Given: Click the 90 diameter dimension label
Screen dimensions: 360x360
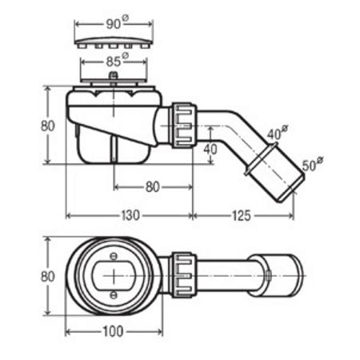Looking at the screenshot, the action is [118, 23].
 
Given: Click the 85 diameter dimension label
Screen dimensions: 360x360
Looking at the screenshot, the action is [118, 61].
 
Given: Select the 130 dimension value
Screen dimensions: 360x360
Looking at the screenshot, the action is [130, 215].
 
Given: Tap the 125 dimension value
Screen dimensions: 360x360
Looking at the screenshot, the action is [242, 215].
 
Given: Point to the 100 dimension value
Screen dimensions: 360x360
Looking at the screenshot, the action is [113, 331].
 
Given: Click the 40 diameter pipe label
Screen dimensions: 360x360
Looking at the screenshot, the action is [278, 133].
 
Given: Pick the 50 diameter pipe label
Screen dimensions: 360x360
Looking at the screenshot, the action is [313, 164].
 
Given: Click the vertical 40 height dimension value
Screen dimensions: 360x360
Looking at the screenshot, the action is [210, 149].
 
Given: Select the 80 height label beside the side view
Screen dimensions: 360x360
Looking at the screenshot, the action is [48, 126].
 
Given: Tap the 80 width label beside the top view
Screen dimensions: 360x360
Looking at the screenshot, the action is [48, 276].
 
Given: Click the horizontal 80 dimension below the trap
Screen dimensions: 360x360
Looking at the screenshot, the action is [153, 187].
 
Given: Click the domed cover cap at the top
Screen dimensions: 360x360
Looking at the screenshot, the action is [114, 42].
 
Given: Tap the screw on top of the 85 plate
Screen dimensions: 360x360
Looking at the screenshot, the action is [114, 75].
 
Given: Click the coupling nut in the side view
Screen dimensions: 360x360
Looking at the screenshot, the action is [184, 125].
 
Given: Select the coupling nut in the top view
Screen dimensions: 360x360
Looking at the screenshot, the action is [184, 274].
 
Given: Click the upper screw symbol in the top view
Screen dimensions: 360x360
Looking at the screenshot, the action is [114, 256].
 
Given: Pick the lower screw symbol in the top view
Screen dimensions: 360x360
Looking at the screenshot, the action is [114, 294].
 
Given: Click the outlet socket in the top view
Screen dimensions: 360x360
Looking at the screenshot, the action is [276, 275].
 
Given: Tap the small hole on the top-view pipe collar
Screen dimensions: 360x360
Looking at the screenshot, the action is [269, 275].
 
